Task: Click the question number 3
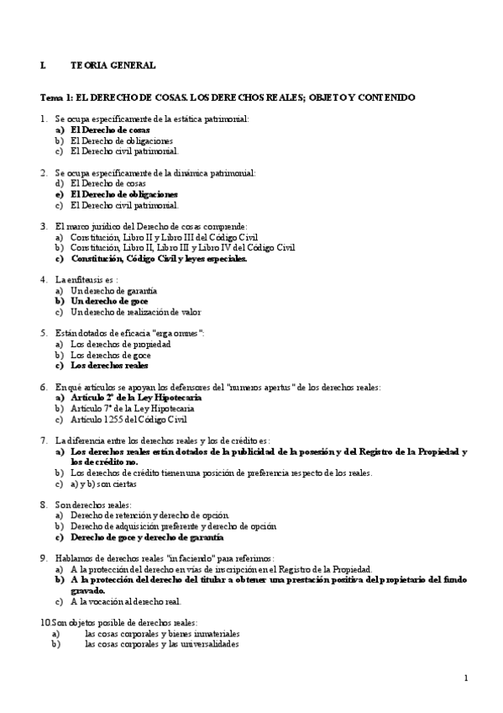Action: (x=44, y=226)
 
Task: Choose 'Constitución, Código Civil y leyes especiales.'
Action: (x=159, y=259)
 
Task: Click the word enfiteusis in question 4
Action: (x=90, y=279)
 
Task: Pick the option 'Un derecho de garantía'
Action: (x=113, y=290)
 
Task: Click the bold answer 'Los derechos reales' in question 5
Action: (x=109, y=366)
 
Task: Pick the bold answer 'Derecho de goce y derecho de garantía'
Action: (x=147, y=536)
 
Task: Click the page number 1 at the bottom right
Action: (x=465, y=678)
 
